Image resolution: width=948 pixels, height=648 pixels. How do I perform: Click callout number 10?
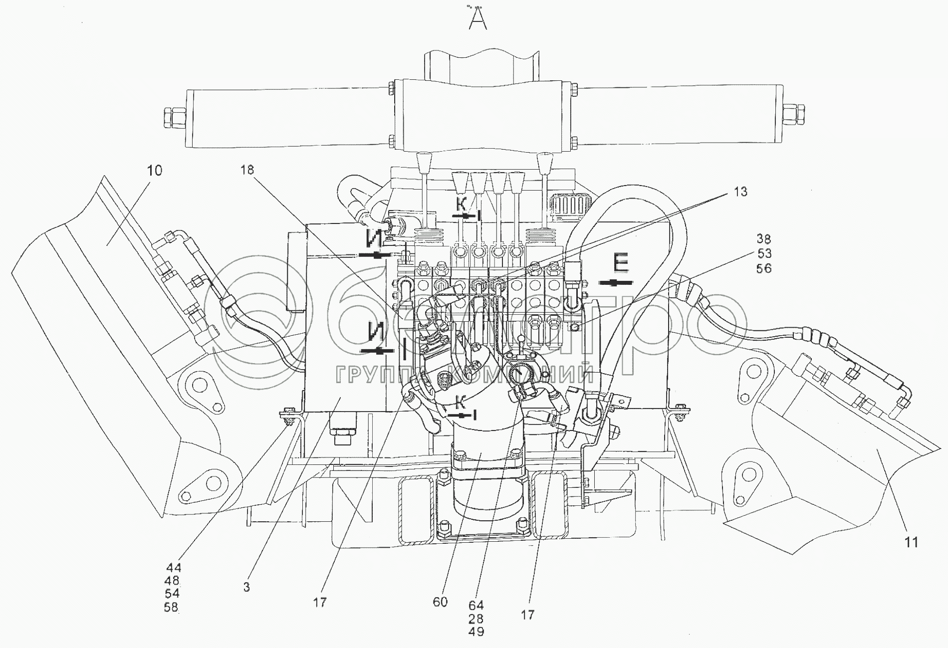point(155,171)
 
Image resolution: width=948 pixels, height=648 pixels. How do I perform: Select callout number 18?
point(246,170)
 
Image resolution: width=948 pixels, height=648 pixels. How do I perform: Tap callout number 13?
point(740,192)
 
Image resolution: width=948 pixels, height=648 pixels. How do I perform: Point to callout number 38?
point(764,239)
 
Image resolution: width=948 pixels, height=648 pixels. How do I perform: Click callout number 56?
point(764,268)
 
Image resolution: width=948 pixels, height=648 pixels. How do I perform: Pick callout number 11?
point(912,542)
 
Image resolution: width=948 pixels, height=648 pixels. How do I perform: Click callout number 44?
point(174,568)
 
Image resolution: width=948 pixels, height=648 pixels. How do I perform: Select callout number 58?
point(171,608)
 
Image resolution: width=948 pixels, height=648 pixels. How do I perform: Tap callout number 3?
point(246,588)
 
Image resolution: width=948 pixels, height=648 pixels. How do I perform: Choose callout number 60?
point(440,602)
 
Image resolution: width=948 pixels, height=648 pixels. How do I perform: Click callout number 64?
point(476,606)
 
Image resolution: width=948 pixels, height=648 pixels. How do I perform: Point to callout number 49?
point(476,632)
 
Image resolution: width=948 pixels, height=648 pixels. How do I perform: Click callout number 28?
point(476,619)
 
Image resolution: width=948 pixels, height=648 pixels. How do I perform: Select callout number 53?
point(764,254)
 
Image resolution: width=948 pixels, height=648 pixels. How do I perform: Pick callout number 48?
point(171,581)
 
